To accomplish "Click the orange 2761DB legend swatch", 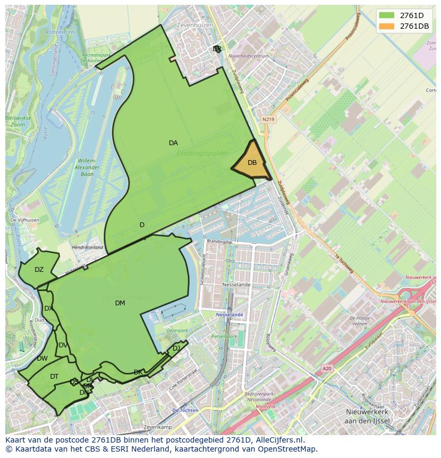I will coord(387,26).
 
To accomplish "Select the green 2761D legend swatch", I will coord(387,15).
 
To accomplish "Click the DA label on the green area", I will coord(173,143).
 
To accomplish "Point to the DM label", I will coord(120,303).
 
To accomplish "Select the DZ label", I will coord(39,270).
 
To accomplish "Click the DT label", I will coord(54,377).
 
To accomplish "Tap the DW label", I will coord(42,359).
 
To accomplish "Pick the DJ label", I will coord(176,348).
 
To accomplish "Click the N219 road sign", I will coord(268,120).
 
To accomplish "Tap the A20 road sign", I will coord(326,368).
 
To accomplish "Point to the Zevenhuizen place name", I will coord(196,25).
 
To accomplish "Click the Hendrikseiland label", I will coord(87,247).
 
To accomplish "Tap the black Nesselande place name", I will coord(236,285).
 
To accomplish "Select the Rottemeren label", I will coord(60,32).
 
